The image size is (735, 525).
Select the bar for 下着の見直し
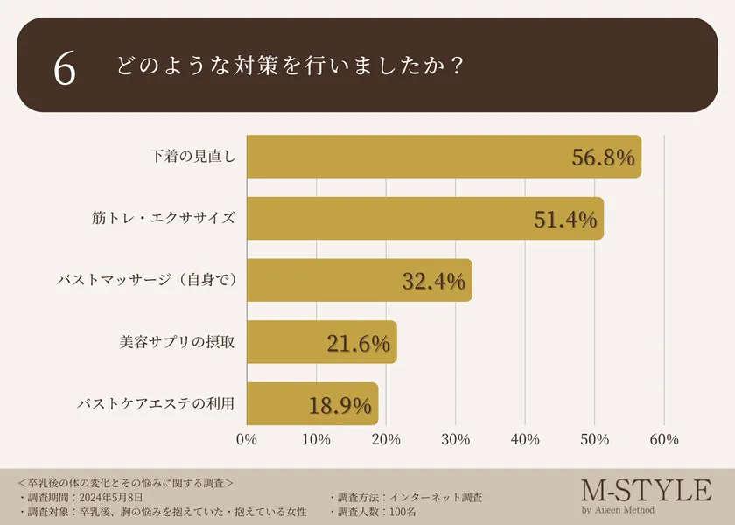(x=444, y=157)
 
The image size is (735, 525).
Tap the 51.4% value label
(x=565, y=220)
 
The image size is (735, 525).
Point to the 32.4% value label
(x=434, y=282)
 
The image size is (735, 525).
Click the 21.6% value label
(x=358, y=344)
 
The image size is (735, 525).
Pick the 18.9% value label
(x=340, y=406)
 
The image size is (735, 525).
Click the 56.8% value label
(x=603, y=157)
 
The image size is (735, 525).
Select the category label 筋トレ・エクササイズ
(x=164, y=218)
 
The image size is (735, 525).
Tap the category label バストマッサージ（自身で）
(x=147, y=280)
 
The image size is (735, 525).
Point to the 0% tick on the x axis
(x=247, y=440)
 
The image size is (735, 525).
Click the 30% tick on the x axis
(x=455, y=440)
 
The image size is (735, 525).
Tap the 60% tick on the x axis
(x=664, y=440)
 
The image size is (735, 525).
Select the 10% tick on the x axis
(x=316, y=440)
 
